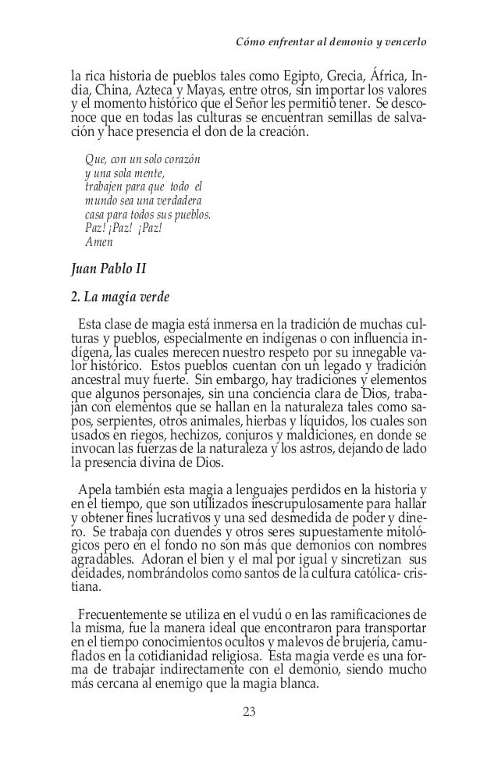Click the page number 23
click(x=249, y=712)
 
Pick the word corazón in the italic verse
click(x=178, y=160)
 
